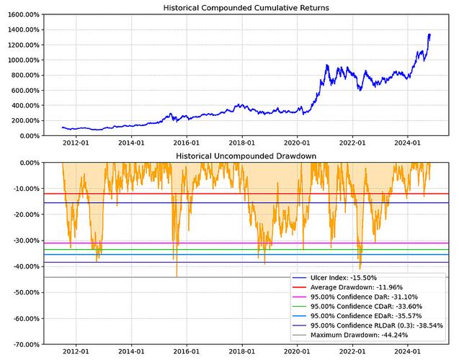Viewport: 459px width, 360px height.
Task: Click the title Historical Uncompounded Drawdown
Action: click(236, 156)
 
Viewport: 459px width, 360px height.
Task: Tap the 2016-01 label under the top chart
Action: click(187, 143)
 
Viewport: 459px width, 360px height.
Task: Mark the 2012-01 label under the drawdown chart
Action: click(76, 352)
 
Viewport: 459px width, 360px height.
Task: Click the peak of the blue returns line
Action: click(429, 34)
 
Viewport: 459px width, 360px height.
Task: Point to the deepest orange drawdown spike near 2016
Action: click(177, 276)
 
